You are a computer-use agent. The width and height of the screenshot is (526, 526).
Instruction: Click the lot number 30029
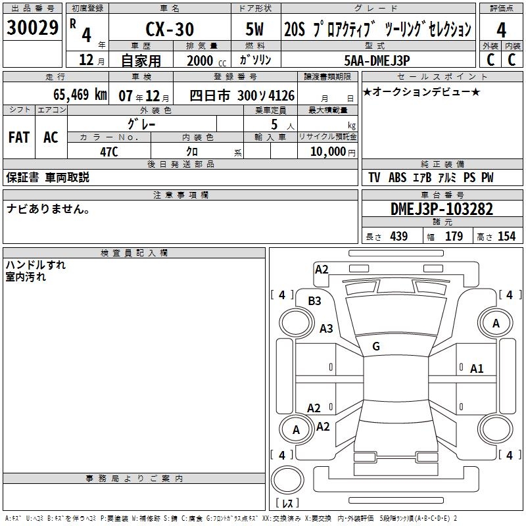pos(32,28)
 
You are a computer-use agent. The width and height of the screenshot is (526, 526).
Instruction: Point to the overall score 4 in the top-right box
pos(502,30)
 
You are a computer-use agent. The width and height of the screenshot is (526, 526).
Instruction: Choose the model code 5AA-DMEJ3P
pos(377,60)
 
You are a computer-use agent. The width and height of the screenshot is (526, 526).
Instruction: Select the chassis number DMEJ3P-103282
pos(442,210)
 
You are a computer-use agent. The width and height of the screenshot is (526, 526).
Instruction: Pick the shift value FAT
pos(19,137)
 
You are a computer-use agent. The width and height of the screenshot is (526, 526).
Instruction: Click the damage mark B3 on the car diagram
pos(315,300)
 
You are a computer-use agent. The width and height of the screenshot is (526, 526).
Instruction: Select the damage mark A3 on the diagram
pos(326,328)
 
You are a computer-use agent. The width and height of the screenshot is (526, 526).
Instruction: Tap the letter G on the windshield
pos(376,347)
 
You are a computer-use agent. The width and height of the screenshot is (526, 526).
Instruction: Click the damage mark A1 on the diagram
pos(477,369)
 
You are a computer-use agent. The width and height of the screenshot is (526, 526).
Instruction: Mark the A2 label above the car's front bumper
pos(322,269)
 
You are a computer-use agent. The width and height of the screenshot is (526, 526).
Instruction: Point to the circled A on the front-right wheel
pos(496,323)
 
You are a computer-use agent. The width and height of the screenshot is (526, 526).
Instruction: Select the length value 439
pos(398,237)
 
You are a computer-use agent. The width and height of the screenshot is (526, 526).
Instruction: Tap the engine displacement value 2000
pos(201,60)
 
